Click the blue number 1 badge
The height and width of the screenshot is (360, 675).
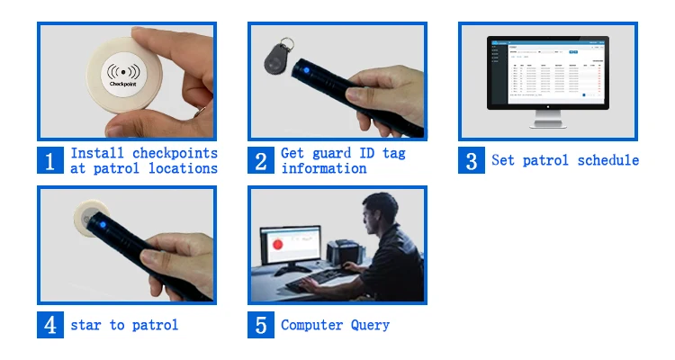click(50, 160)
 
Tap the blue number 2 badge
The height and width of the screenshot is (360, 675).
click(261, 160)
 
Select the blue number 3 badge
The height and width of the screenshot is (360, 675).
click(472, 160)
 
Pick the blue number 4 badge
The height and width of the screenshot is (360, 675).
click(50, 324)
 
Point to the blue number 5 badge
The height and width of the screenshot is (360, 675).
click(261, 324)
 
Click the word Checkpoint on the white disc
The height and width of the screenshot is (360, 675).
click(125, 84)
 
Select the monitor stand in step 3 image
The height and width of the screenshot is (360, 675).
click(548, 120)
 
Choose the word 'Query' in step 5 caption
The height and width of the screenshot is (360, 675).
click(371, 325)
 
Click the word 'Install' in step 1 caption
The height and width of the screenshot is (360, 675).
click(97, 153)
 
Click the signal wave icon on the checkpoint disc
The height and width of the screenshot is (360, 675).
click(125, 69)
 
